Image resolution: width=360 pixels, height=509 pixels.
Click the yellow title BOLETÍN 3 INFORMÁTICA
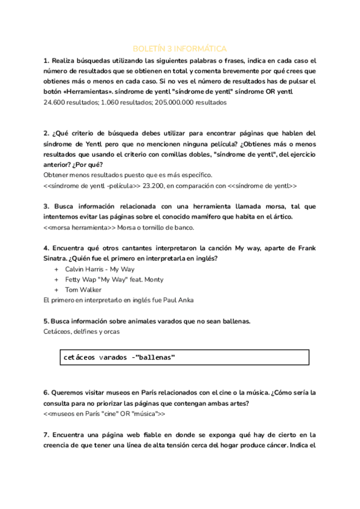(x=179, y=49)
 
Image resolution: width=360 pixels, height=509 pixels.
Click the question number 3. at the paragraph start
(x=46, y=206)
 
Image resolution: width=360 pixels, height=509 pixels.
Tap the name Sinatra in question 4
(x=57, y=258)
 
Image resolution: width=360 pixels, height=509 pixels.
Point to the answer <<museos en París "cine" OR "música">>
(x=104, y=414)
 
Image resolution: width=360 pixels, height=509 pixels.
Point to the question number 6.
(x=46, y=393)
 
